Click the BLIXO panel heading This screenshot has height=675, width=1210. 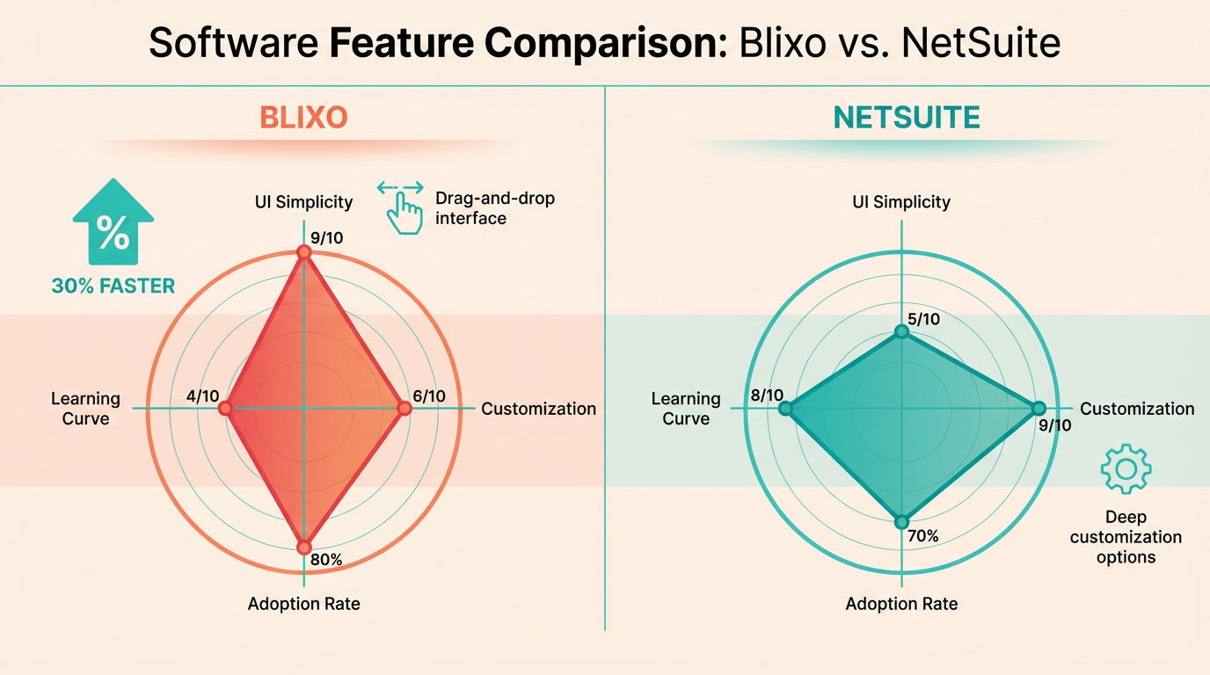[303, 118]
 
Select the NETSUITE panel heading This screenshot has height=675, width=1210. [907, 118]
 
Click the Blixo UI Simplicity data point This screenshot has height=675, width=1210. [304, 252]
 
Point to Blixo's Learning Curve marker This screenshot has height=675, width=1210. [225, 409]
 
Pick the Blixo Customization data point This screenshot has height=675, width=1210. [404, 409]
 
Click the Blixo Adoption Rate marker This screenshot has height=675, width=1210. [304, 548]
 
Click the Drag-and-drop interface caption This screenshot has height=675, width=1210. [495, 208]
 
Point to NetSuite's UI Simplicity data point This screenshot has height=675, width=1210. [900, 331]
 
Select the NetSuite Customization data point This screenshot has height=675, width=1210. [1038, 409]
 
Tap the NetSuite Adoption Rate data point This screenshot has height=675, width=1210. [900, 522]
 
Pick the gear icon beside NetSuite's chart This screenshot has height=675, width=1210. [1126, 469]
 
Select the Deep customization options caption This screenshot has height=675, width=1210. [1126, 536]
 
